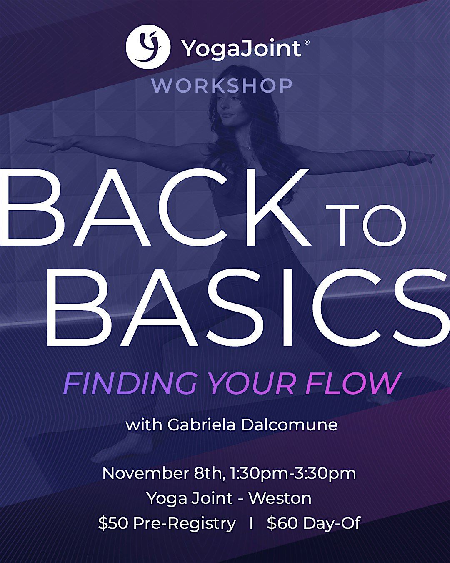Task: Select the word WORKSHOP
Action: [x=222, y=86]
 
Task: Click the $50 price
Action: [x=113, y=523]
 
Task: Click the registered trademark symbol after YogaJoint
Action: [x=307, y=43]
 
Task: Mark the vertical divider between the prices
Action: [x=251, y=523]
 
